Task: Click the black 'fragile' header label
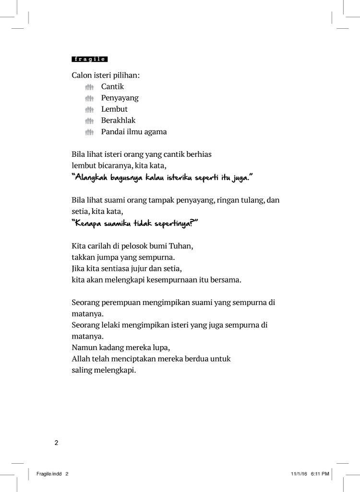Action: (90, 59)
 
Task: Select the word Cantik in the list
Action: (112, 87)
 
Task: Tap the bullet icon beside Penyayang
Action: (89, 98)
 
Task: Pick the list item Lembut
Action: (114, 109)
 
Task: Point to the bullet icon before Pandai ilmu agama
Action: (89, 132)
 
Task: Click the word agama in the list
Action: (156, 132)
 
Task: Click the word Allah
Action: (81, 358)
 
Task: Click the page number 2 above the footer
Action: (56, 443)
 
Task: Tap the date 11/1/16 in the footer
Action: (298, 474)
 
